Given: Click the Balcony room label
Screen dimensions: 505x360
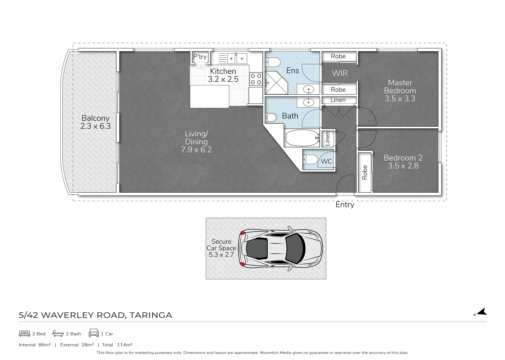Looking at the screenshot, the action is [x=96, y=122].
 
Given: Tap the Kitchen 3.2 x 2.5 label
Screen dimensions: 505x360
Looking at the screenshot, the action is [x=223, y=75].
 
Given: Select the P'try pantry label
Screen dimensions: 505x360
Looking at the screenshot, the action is [x=200, y=56].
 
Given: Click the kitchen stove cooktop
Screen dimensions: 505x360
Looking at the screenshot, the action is [x=256, y=79].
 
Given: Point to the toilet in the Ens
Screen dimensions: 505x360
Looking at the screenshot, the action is [x=273, y=62].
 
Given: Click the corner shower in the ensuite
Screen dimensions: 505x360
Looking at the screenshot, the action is [x=276, y=83].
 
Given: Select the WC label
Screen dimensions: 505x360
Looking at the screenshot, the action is [x=326, y=161].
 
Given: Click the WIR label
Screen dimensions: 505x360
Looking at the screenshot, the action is [x=340, y=73].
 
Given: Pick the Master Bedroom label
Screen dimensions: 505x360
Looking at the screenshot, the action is [x=400, y=90].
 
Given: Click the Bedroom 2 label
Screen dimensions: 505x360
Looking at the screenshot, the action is [x=403, y=162].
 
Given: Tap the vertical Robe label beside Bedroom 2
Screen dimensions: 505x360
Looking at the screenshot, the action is [x=365, y=172].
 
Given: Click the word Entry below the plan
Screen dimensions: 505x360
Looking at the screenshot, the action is [x=345, y=205].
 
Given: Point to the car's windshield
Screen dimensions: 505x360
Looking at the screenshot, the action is [x=295, y=248].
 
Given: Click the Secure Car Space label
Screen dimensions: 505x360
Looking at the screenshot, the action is [x=221, y=248].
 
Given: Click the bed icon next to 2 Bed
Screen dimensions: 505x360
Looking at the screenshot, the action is [x=24, y=334].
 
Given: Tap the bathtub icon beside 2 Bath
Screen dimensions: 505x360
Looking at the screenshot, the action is [x=58, y=333].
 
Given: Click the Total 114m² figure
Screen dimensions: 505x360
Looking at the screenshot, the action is [x=117, y=345].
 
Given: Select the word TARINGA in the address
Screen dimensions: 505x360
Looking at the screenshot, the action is [x=151, y=315].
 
